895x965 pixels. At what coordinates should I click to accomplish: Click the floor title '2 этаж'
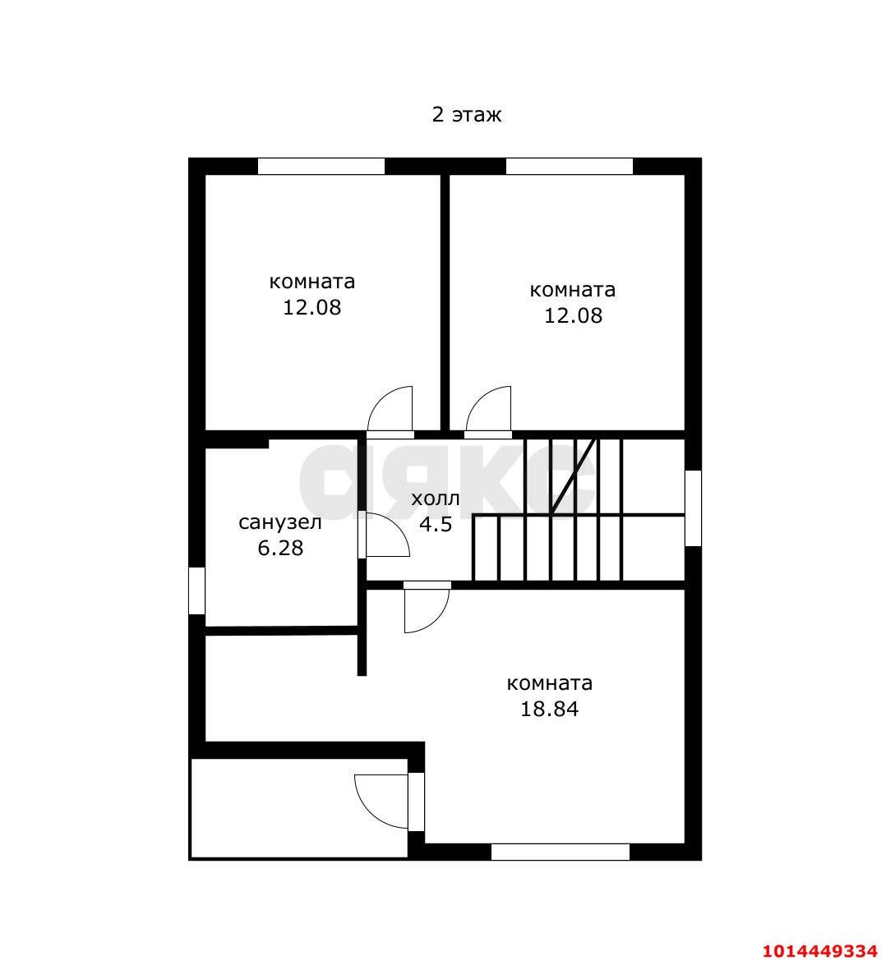(466, 114)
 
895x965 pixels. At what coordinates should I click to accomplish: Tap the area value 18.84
(549, 709)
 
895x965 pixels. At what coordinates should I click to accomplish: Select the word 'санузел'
(279, 522)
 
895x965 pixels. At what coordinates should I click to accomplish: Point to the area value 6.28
(280, 548)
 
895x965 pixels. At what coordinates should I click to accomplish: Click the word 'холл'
(435, 499)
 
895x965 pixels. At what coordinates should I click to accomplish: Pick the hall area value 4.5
(436, 524)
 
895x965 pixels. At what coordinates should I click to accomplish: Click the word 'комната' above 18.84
(549, 683)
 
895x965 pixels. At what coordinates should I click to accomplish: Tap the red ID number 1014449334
(819, 951)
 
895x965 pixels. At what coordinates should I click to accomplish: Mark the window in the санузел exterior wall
(196, 590)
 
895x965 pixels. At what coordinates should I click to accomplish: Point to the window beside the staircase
(693, 508)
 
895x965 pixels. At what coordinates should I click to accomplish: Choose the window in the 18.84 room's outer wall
(560, 852)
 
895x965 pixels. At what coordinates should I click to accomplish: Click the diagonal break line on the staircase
(574, 476)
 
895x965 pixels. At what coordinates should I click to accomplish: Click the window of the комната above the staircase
(569, 167)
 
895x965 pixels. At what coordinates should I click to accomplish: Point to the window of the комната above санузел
(321, 167)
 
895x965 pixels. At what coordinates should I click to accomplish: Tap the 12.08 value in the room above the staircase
(573, 315)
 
